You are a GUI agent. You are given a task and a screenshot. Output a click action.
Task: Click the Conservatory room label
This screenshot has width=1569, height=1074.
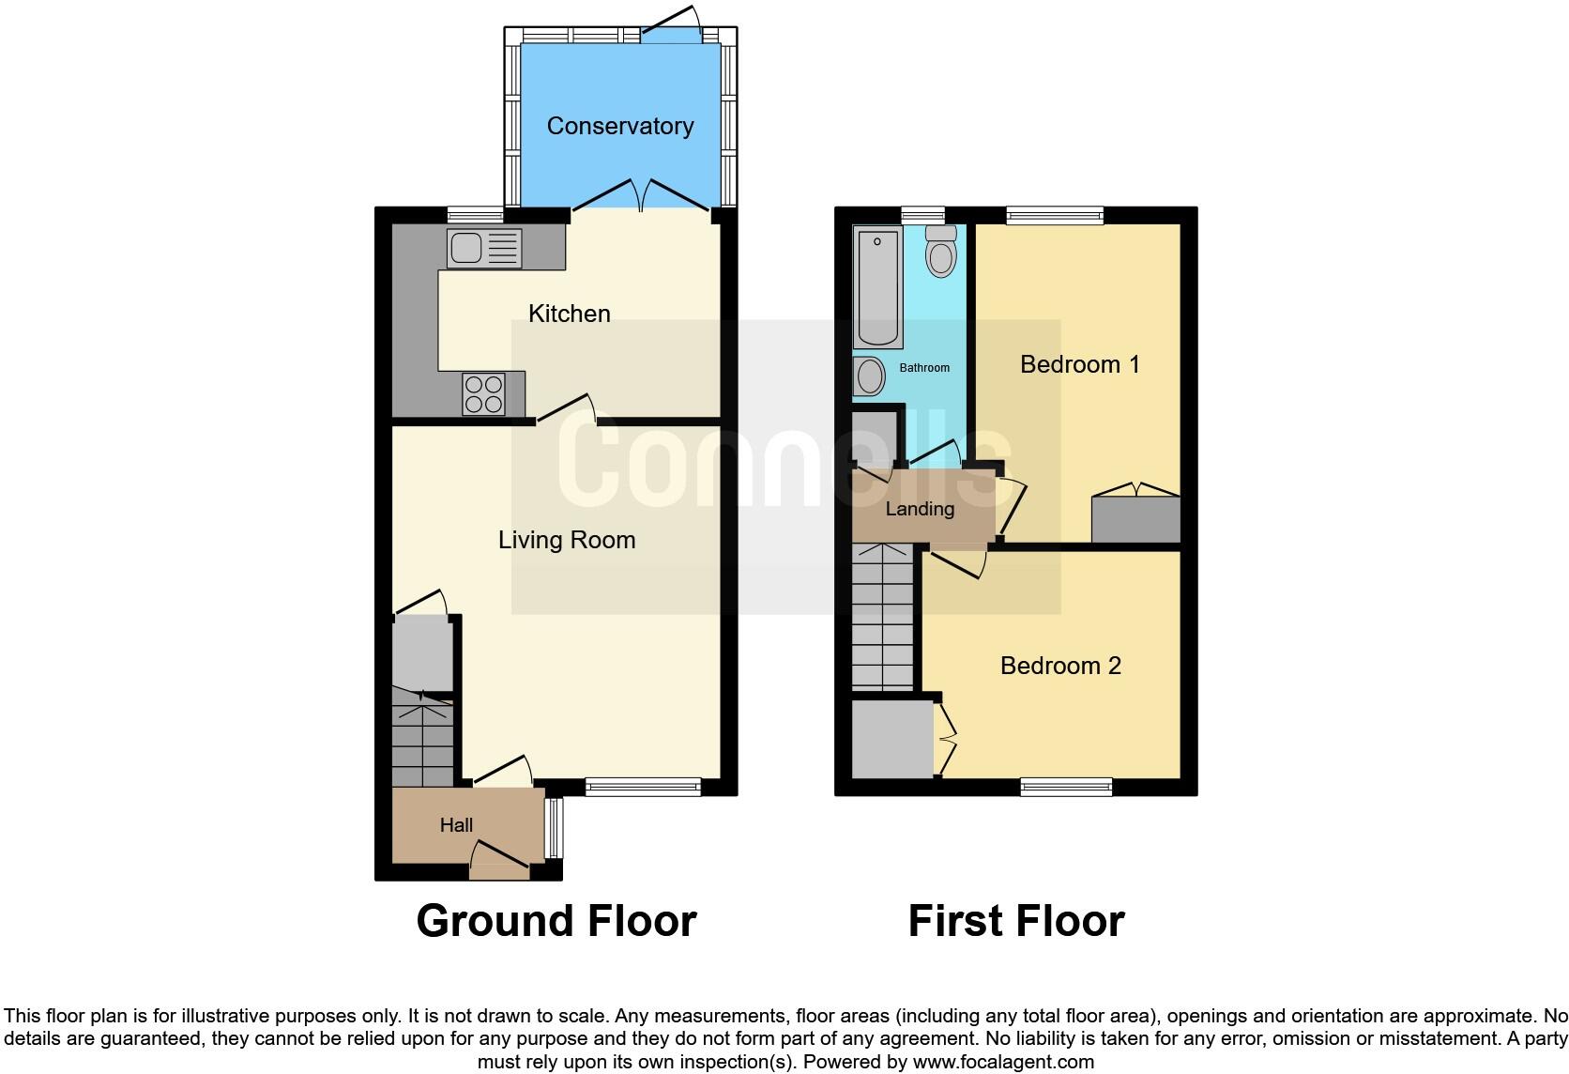point(619,126)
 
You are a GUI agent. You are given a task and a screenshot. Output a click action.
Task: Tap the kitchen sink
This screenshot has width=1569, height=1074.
point(484,248)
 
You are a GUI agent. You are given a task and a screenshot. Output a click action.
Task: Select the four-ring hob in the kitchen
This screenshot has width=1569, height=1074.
point(483,394)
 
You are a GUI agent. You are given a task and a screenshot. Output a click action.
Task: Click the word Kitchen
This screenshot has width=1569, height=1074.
point(569,314)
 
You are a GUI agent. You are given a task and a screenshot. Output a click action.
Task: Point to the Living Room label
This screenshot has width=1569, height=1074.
point(566,540)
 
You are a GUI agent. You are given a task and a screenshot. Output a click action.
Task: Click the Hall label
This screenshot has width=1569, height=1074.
point(456,825)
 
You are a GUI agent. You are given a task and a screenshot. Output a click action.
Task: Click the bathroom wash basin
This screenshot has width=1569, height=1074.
point(870,377)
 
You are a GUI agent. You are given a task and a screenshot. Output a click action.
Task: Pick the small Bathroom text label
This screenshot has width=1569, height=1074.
point(924,368)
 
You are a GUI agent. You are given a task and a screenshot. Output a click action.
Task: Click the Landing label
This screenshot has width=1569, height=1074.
point(920,509)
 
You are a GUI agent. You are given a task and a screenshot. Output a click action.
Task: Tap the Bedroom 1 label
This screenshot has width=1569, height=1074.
point(1079,364)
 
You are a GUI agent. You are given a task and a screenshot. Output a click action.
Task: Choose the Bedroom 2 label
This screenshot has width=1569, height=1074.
point(1060,666)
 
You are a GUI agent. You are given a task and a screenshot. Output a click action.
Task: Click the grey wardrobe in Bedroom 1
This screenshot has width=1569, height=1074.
point(1135,519)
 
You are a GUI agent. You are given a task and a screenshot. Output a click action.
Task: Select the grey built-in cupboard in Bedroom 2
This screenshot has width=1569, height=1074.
point(892,740)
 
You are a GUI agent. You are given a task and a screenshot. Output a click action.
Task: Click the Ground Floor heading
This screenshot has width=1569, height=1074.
point(556,921)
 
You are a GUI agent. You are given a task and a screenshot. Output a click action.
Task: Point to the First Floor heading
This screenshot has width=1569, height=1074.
point(1016,921)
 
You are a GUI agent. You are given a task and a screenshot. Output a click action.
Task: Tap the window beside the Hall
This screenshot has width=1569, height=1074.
point(555,827)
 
